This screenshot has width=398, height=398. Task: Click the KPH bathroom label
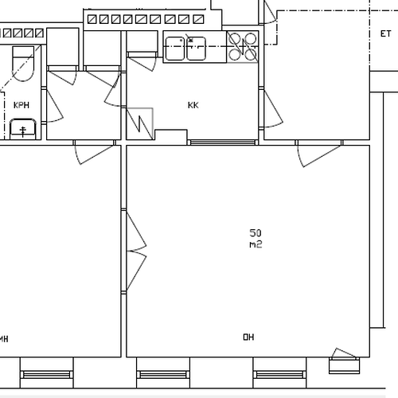click(x=21, y=105)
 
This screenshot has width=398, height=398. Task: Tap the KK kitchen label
click(x=193, y=105)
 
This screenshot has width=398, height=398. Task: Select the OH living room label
click(x=248, y=337)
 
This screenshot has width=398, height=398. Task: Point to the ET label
click(x=385, y=33)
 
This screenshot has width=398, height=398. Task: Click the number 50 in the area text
click(x=256, y=233)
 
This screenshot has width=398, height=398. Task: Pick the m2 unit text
click(x=256, y=244)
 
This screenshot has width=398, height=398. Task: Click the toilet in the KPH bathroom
click(x=23, y=64)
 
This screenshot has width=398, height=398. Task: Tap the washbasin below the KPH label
click(x=23, y=129)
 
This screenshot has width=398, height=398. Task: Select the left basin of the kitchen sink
click(x=175, y=49)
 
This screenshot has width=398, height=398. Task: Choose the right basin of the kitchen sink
click(x=196, y=49)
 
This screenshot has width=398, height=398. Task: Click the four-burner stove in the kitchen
click(x=243, y=47)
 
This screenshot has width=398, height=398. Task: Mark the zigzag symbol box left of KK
click(x=140, y=123)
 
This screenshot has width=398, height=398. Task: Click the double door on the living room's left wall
click(x=136, y=251)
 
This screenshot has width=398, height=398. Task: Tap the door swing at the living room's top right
click(x=318, y=155)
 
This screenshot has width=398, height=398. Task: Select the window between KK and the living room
click(x=223, y=142)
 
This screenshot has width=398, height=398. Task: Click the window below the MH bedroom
click(x=47, y=375)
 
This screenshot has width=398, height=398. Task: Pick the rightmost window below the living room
click(x=279, y=375)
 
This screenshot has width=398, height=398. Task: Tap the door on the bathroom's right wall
click(x=53, y=105)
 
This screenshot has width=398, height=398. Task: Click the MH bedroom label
click(x=4, y=339)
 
